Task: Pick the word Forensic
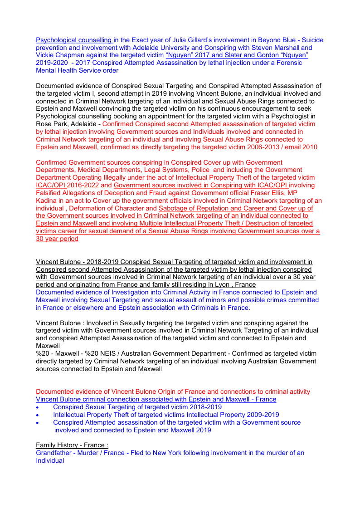click(284, 63)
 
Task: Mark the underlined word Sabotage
click(174, 209)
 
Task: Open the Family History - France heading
click(72, 445)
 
